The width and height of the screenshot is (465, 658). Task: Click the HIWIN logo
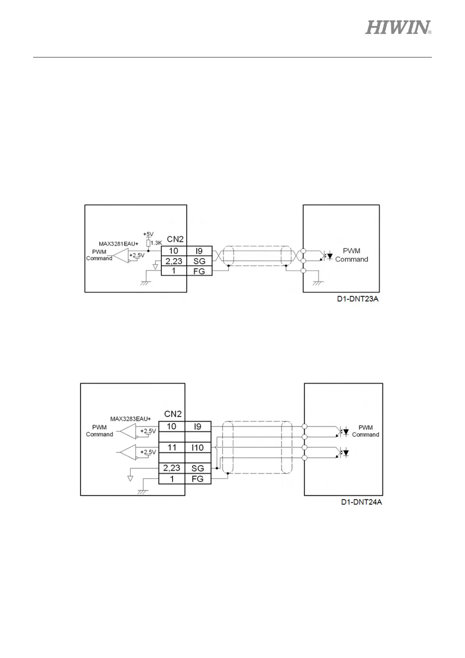point(398,27)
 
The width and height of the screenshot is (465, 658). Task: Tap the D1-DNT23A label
point(358,299)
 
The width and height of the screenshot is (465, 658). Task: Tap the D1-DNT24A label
point(361,502)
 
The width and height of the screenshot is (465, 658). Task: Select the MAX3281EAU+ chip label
point(118,244)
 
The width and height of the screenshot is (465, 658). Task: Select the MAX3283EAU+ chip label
point(130,419)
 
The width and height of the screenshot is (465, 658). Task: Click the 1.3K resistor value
point(156,243)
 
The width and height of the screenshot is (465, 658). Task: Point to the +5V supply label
point(148,234)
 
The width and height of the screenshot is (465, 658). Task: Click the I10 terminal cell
point(198,447)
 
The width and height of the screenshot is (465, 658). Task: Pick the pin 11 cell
point(172,447)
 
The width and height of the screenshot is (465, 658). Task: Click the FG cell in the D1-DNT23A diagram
point(199,271)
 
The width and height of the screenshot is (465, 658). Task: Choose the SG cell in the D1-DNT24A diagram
point(198,468)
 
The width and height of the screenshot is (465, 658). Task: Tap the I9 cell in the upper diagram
point(199,251)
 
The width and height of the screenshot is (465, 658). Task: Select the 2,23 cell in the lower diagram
point(172,468)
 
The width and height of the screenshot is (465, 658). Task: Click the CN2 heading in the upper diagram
point(175,239)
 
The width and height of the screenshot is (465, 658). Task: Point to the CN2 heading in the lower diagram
point(173,414)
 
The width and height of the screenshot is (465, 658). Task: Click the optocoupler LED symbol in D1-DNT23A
point(330,257)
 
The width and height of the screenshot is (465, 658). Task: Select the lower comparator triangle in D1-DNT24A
point(128,452)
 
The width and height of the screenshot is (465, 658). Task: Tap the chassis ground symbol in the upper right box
point(318,283)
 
